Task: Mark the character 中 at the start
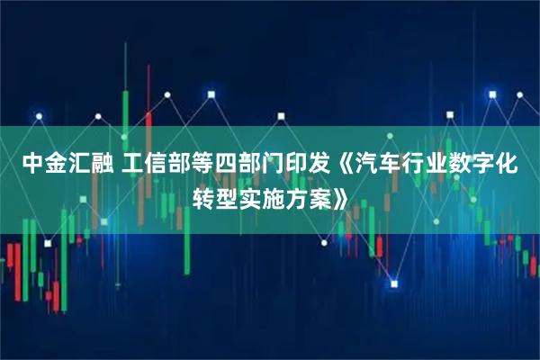click(31, 165)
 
